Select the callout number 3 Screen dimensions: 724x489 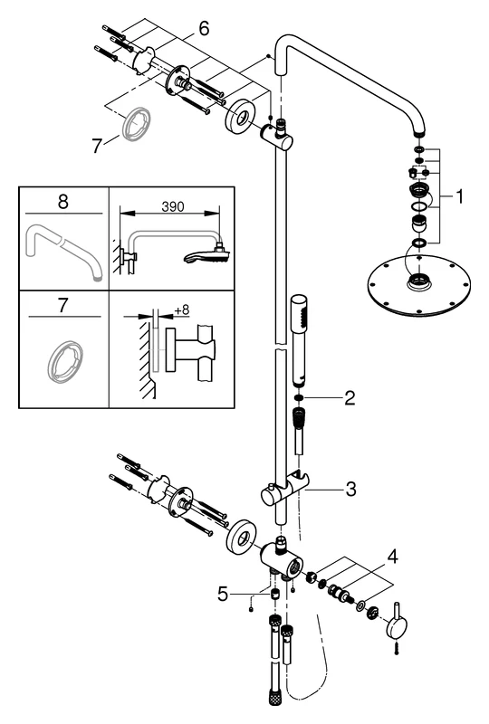click(x=350, y=490)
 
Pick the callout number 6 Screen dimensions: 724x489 click(x=204, y=30)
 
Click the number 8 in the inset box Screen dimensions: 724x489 click(x=62, y=201)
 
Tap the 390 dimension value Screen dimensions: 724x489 click(x=172, y=207)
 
